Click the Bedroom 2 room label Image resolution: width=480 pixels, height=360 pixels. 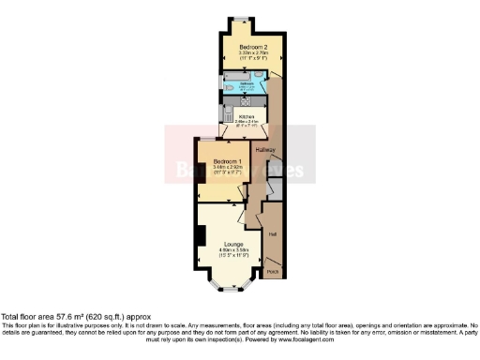tap(254, 47)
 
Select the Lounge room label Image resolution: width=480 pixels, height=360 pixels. tap(234, 244)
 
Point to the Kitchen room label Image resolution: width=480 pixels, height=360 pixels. tap(246, 116)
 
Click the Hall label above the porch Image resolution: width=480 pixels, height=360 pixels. tap(273, 233)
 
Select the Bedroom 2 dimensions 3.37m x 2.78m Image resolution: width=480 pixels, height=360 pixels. tap(254, 53)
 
